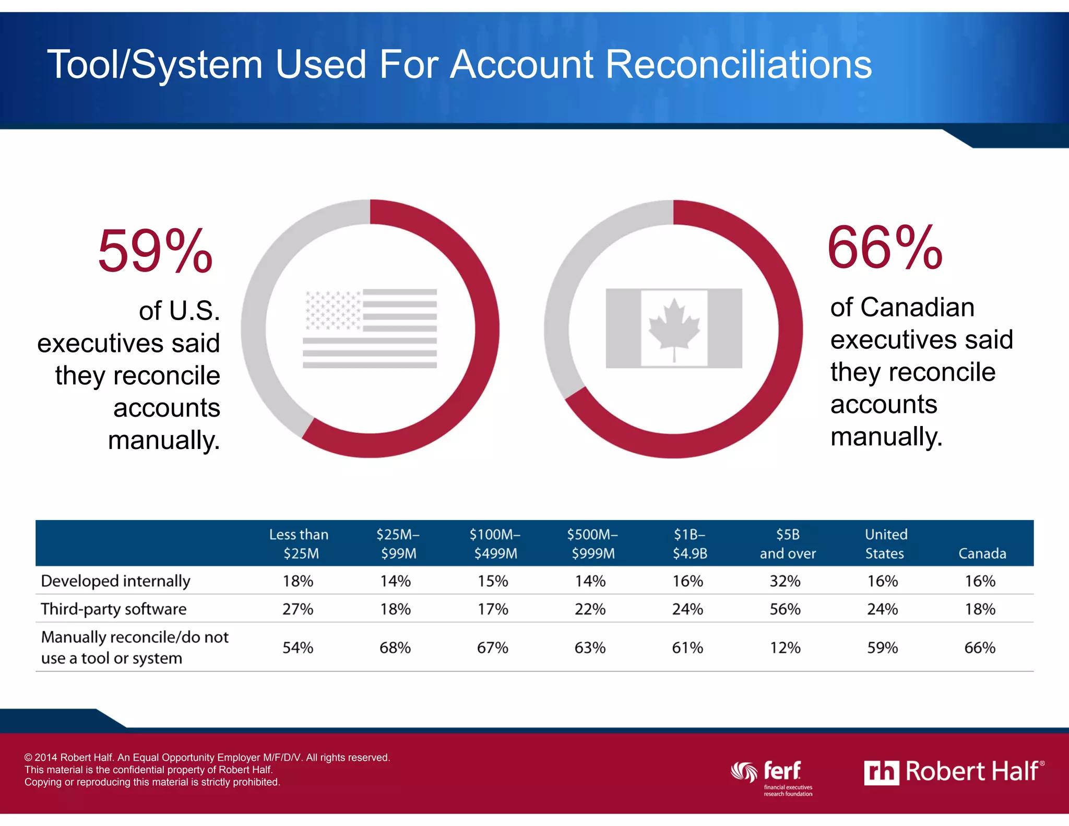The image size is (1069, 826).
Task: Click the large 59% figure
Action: coord(155,252)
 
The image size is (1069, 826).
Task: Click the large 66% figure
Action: coord(885,248)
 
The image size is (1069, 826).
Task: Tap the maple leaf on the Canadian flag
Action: coord(674,328)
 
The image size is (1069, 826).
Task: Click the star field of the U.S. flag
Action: coord(332,310)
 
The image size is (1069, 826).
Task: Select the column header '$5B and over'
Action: coord(787,544)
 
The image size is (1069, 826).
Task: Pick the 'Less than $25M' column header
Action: coord(299,544)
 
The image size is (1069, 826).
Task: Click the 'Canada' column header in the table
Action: coord(982,553)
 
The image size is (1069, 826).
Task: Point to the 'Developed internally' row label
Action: coord(115,581)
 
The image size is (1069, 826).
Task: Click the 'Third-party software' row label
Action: coord(113,609)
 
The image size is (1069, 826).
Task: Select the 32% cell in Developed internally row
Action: coord(785,581)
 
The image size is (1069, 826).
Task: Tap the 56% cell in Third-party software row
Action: coord(785,609)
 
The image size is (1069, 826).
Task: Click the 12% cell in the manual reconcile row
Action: coord(785,647)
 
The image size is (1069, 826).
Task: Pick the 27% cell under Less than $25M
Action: coord(298,609)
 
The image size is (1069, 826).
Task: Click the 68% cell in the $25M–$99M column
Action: coord(395,647)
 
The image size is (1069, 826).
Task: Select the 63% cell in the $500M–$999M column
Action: coord(590,647)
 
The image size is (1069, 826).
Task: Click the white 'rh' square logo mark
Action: coord(881,773)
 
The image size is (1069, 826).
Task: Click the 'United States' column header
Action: coord(886,544)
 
